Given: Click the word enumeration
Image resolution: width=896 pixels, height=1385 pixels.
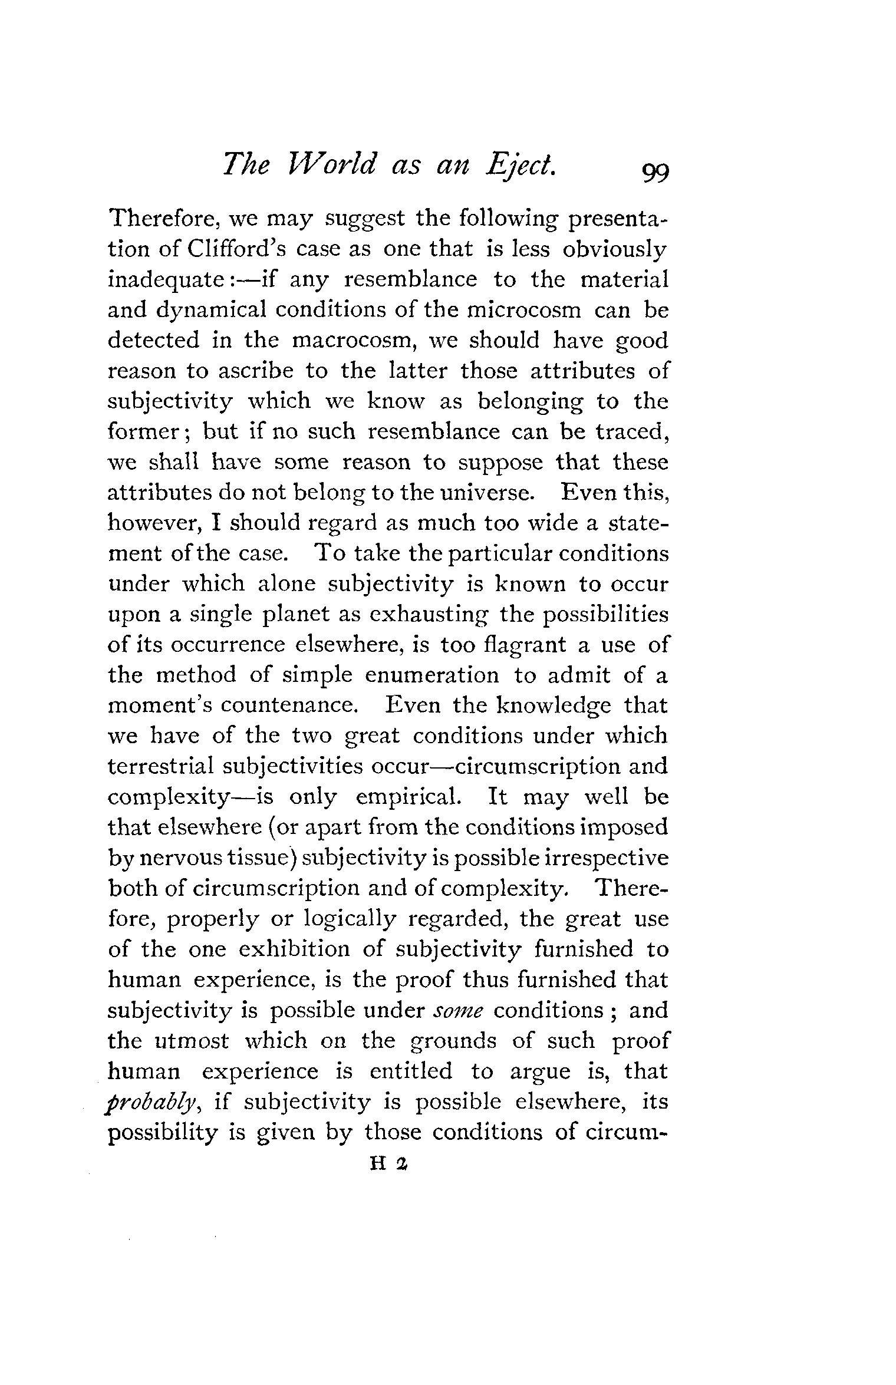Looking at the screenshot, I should tap(431, 675).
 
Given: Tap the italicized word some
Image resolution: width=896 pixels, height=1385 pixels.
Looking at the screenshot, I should tap(459, 1011).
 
